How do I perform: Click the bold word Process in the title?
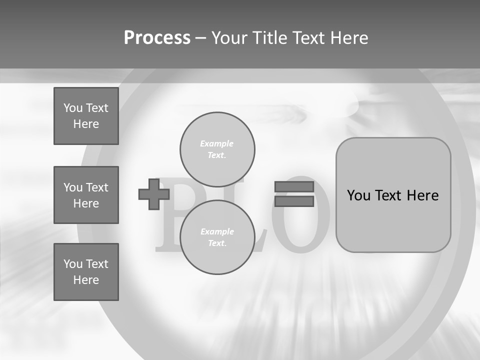coord(157,38)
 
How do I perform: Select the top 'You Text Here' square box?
coord(86,116)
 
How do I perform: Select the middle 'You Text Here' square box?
coord(86,195)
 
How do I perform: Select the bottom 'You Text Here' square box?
coord(86,272)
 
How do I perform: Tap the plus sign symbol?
coord(153,194)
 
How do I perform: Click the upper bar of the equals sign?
coord(294,186)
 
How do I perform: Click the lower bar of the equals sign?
coord(294,201)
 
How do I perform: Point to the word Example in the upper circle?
coord(216,143)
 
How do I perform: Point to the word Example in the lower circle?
coord(217,231)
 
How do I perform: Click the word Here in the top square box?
coord(86,124)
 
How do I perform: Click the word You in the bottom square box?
coord(72,264)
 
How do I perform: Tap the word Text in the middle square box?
coord(96,187)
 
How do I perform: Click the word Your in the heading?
coord(232,38)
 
